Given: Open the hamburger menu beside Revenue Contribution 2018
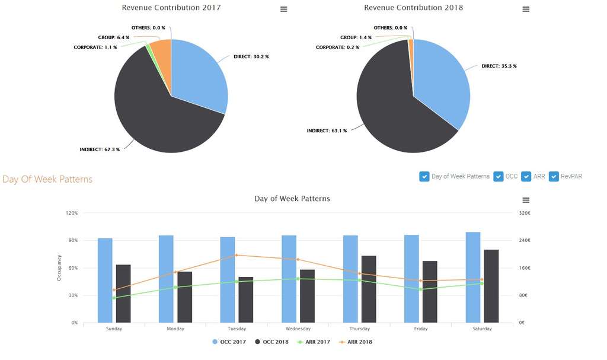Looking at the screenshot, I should point(526,9).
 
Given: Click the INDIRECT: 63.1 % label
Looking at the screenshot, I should point(327,130).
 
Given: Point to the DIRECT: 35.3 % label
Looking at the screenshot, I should point(499,66).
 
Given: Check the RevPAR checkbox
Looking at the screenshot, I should point(554,176).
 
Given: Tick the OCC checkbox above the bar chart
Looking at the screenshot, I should point(499,176).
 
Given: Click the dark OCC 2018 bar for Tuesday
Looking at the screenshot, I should point(245,300).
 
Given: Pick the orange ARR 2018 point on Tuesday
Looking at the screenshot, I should point(237,255).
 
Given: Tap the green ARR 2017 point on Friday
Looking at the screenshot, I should point(420,289).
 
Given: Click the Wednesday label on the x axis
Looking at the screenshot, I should point(298,329).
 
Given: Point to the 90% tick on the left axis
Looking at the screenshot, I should point(72,240).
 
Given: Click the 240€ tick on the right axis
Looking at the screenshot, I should point(525,240).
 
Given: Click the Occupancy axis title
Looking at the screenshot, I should point(59,267).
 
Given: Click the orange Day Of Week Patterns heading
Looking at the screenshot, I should point(47,179).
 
